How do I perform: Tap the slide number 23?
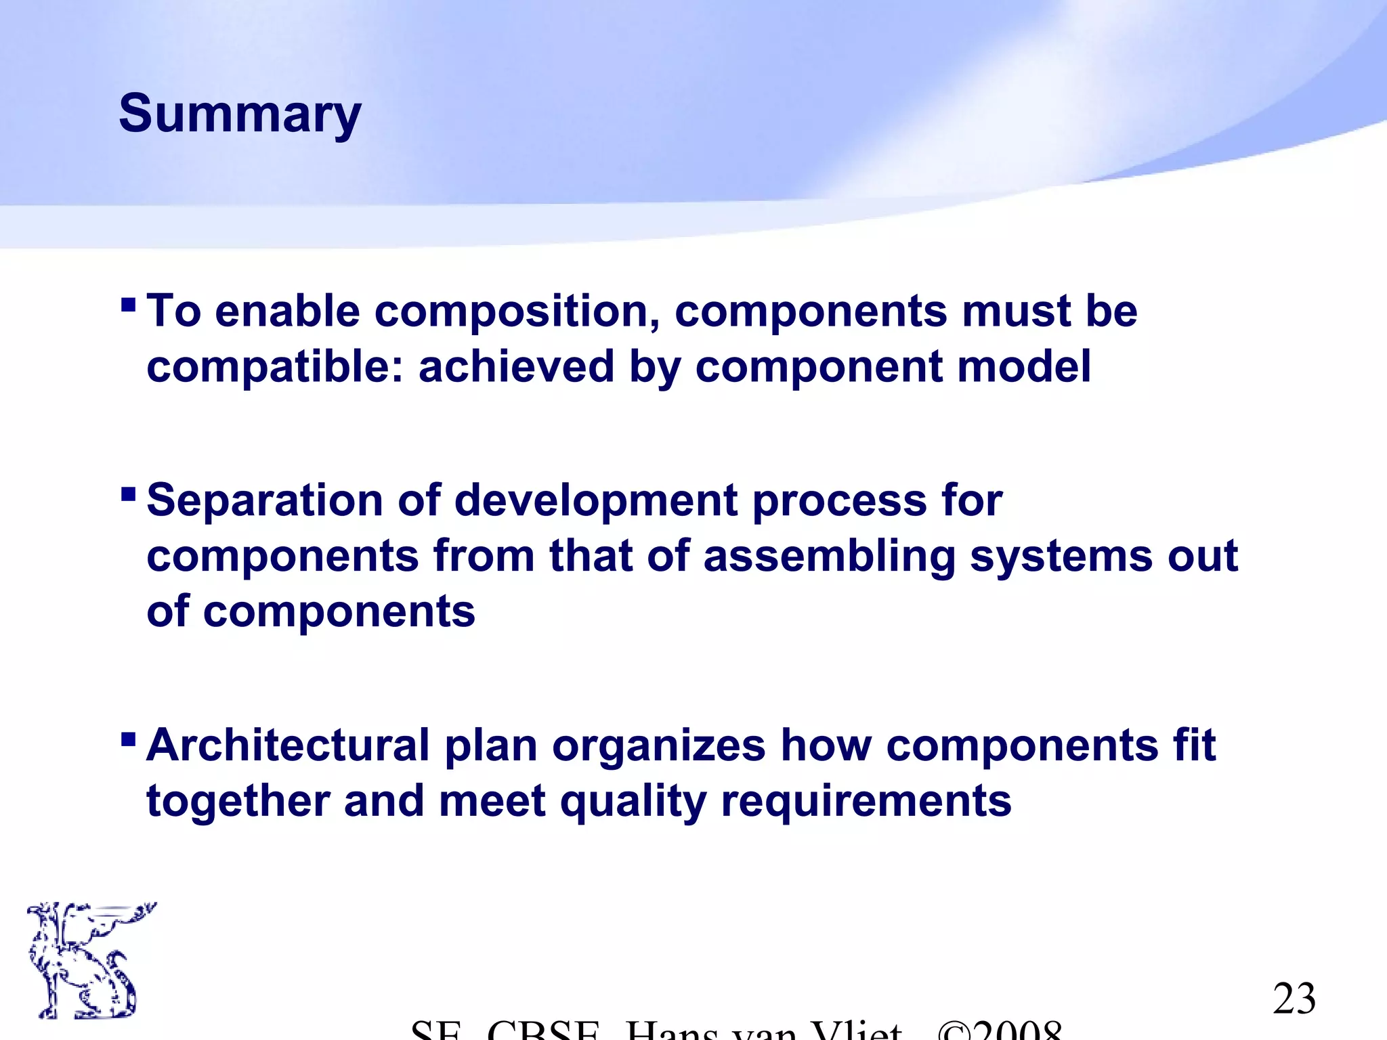1294,999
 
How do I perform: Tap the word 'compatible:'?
274,368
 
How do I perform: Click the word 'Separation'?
265,502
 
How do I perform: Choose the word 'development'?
595,502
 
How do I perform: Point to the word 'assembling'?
829,557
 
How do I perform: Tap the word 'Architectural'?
288,745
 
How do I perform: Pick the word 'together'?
238,802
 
